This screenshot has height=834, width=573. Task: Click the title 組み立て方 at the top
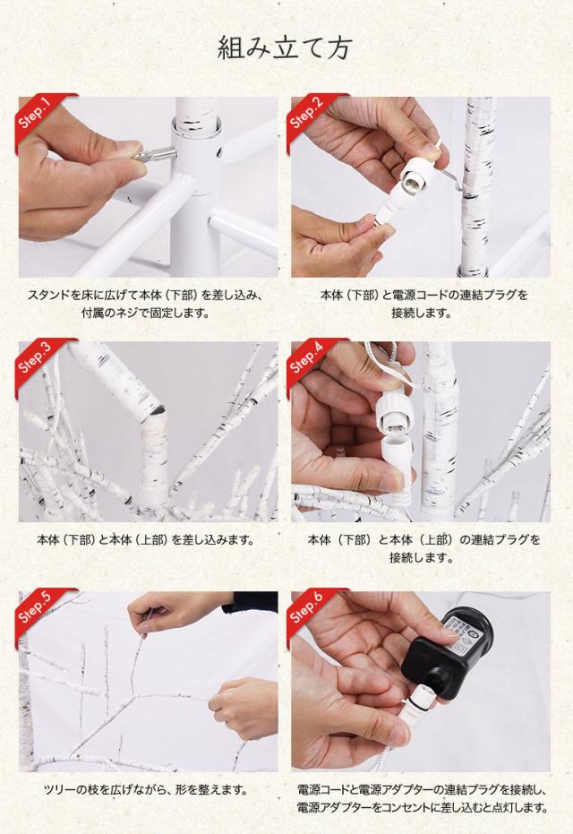click(285, 48)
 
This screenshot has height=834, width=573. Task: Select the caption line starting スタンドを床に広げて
click(144, 294)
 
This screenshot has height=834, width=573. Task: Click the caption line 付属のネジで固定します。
click(144, 313)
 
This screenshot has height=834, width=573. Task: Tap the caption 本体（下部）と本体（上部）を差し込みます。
click(145, 539)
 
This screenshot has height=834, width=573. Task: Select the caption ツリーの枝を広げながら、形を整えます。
click(145, 789)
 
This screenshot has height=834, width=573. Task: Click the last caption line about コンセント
click(422, 807)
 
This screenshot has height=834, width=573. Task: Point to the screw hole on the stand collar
click(218, 154)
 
